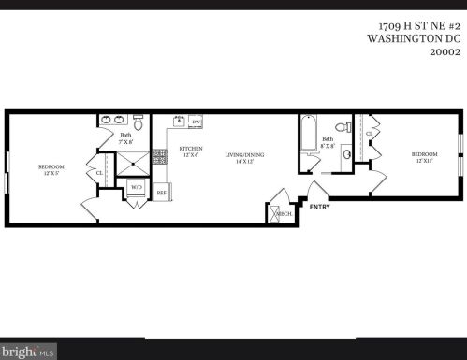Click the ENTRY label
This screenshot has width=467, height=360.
[319, 207]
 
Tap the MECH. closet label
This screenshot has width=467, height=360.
[284, 214]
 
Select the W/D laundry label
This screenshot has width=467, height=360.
[137, 187]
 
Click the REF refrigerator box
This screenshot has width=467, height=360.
[161, 192]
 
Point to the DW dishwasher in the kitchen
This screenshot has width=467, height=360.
[197, 122]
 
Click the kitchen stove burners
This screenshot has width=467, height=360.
[160, 158]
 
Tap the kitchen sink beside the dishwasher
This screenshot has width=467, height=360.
[178, 122]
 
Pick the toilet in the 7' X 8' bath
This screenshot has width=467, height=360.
[139, 122]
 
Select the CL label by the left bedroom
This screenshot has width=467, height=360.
[100, 172]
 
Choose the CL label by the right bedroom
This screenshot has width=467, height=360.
[370, 134]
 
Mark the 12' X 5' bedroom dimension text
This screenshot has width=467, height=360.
[51, 172]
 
